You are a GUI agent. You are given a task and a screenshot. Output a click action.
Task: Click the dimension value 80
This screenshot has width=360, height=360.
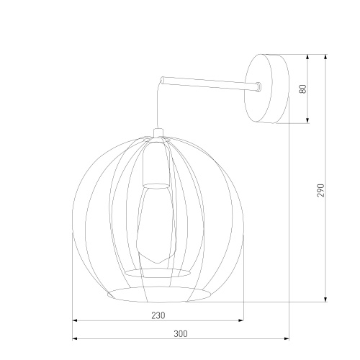point(303,89)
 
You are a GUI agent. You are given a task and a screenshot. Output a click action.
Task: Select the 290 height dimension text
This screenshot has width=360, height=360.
point(322,189)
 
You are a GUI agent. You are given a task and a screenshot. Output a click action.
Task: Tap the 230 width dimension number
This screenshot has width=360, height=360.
point(158,315)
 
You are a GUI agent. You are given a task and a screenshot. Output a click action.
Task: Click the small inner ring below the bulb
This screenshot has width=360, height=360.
point(158,272)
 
